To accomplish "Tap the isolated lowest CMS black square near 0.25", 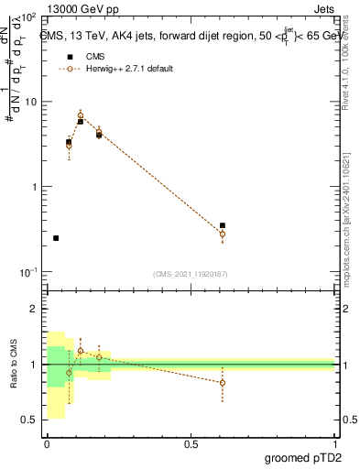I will click(x=56, y=238).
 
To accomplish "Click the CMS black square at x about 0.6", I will click(x=223, y=225).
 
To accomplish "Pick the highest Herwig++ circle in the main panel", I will click(x=81, y=115).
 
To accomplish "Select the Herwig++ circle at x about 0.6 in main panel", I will click(x=223, y=234).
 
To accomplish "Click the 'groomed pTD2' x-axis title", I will click(x=303, y=457).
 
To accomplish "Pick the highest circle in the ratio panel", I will click(x=81, y=351).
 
